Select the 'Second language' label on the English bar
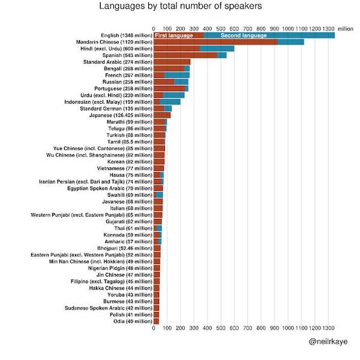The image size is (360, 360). [244, 35]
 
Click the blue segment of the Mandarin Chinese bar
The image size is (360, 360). [290, 42]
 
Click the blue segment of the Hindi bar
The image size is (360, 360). [217, 49]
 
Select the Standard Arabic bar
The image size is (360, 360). [172, 62]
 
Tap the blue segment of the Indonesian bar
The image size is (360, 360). [170, 101]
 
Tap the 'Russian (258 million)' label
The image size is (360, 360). [127, 82]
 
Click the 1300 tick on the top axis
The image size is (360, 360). [328, 28]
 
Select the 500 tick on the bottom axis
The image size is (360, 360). [221, 329]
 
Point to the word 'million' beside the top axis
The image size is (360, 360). [346, 28]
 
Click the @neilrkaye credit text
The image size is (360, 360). [328, 341]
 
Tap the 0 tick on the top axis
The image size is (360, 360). [154, 28]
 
